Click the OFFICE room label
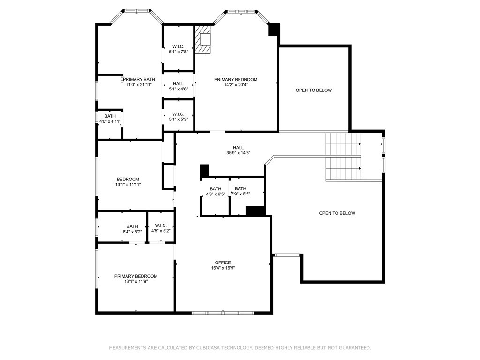[223, 262]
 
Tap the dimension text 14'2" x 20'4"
[236, 85]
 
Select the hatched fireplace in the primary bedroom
[203, 40]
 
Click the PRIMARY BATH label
[139, 79]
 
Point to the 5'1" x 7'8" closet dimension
[179, 52]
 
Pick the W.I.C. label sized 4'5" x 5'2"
[161, 225]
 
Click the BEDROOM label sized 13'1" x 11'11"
[128, 180]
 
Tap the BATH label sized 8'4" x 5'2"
[132, 226]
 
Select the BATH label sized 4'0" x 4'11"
[110, 116]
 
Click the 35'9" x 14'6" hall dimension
[239, 153]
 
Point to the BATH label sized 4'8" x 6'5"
[216, 189]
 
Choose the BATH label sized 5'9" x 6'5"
[240, 188]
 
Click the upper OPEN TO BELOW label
[314, 90]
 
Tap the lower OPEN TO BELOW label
[337, 213]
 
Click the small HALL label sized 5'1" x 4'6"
[179, 84]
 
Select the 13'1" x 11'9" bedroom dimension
[136, 281]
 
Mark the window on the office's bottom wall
[223, 313]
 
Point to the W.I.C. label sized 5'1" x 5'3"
[178, 114]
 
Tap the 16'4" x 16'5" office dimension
[223, 268]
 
